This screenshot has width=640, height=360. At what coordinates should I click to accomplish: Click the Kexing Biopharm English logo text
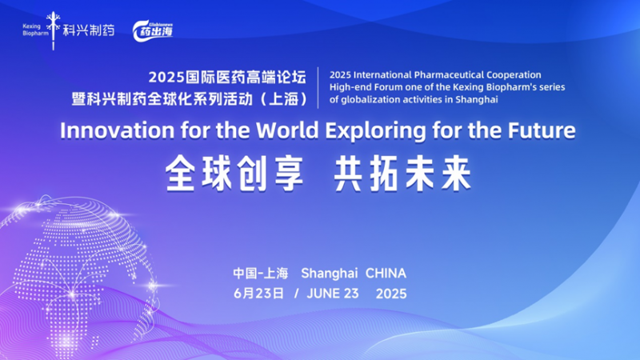[x=35, y=30]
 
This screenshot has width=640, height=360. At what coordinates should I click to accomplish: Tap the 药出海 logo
[x=153, y=31]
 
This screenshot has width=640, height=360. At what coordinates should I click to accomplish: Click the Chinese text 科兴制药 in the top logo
[x=89, y=30]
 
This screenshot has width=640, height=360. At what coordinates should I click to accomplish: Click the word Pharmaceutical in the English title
[x=449, y=75]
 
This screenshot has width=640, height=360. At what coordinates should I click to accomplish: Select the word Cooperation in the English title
[x=514, y=75]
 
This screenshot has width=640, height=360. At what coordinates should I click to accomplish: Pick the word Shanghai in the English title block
[x=477, y=100]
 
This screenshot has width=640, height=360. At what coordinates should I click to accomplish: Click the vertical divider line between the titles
[x=318, y=88]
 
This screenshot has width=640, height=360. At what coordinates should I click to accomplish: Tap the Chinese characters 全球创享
[x=234, y=174]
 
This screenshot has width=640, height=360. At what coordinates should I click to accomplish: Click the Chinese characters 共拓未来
[x=403, y=174]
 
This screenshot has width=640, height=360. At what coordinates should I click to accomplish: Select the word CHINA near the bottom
[x=386, y=274]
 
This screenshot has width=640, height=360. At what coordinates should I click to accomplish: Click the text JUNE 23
[x=333, y=294]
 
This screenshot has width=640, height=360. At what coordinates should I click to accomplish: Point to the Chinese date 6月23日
[x=258, y=294]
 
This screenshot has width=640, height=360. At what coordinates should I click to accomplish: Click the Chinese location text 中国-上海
[x=261, y=274]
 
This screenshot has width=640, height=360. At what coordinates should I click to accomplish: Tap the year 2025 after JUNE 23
[x=391, y=294]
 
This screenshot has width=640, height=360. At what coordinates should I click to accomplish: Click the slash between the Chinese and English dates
[x=296, y=294]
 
